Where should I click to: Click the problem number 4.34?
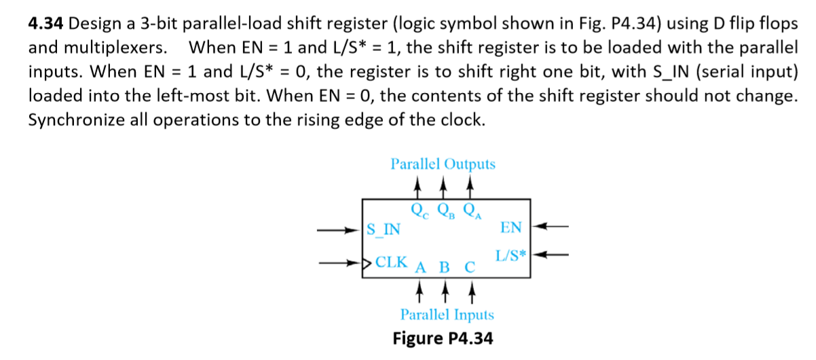[46, 24]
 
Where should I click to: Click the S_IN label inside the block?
[383, 229]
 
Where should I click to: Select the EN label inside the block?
[511, 227]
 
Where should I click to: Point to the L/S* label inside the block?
[511, 257]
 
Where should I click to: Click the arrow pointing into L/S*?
[549, 255]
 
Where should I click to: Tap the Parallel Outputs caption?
[443, 164]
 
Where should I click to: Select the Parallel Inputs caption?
[447, 315]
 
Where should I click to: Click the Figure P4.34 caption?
[443, 338]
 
